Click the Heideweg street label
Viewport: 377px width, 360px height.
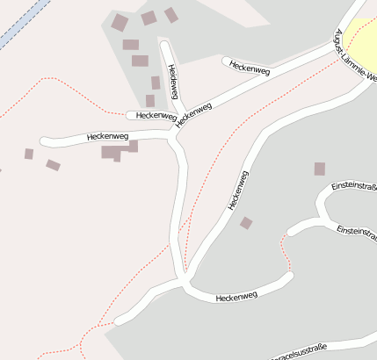click(x=173, y=81)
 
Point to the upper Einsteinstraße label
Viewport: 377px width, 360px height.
click(x=354, y=187)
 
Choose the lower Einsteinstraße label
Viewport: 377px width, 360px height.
click(x=356, y=231)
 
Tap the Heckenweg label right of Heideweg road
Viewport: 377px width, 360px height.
click(x=248, y=67)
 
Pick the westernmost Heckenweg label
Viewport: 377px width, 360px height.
click(x=108, y=137)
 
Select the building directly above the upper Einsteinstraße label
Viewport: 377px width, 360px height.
click(x=320, y=169)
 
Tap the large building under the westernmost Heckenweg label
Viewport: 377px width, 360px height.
click(x=112, y=153)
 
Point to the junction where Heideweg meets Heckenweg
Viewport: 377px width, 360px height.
click(x=179, y=121)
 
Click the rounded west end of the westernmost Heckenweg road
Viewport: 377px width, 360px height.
click(x=45, y=141)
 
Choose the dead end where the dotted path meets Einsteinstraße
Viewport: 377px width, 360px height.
click(x=290, y=233)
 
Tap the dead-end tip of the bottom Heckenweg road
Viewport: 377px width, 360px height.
click(x=287, y=277)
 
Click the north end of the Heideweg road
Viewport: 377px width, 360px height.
click(x=163, y=40)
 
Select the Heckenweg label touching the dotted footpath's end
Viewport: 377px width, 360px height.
click(x=156, y=115)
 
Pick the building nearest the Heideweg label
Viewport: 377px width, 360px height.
click(x=156, y=83)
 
